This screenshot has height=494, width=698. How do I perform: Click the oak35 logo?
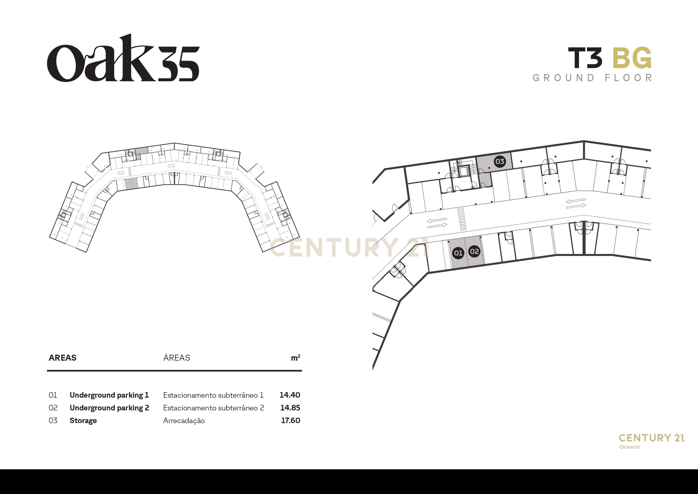[123, 58]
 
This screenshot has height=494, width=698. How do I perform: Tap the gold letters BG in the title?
[632, 58]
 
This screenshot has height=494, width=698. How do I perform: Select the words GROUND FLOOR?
[593, 78]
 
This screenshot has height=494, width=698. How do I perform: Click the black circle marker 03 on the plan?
[499, 161]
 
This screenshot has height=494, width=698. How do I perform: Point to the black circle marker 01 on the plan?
[458, 253]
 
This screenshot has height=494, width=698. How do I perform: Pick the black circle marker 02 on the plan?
[474, 251]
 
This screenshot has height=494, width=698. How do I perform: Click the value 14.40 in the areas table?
[290, 395]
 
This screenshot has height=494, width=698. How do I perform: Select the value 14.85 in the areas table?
[290, 408]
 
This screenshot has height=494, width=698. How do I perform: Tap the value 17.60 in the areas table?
[291, 420]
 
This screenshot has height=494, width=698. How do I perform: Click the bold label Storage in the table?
[83, 421]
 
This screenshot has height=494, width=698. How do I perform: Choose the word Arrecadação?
[184, 421]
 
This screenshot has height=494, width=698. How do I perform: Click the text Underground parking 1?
[109, 395]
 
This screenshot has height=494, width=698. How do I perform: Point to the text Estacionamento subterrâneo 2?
[214, 408]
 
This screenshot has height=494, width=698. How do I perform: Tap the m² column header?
[296, 358]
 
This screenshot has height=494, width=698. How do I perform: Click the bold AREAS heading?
[62, 358]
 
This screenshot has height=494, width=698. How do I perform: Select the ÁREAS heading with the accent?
[177, 357]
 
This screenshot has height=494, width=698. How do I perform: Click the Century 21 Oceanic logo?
[652, 441]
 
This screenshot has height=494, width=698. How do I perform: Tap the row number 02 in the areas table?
[53, 408]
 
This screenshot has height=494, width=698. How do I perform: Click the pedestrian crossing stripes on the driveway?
[462, 219]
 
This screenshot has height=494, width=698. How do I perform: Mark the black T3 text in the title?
[585, 58]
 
